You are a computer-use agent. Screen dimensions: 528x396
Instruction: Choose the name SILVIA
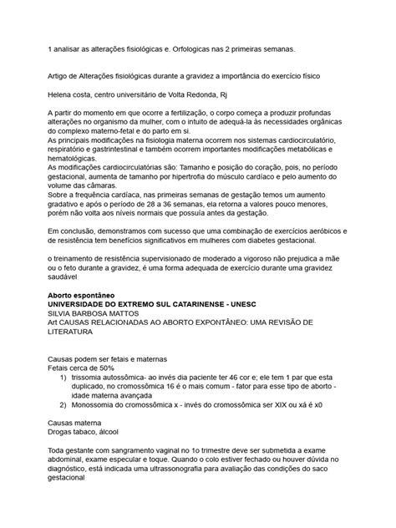[63, 316]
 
